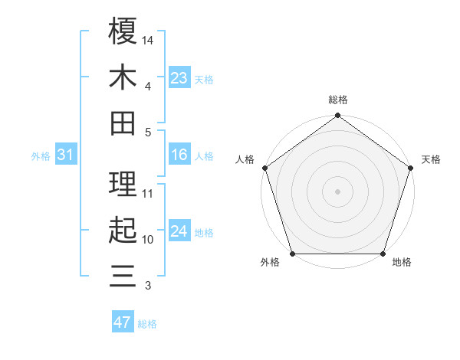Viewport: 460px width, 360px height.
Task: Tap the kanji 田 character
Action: pos(123,123)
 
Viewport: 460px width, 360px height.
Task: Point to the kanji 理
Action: pos(123,182)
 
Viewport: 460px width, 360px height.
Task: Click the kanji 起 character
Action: pos(123,228)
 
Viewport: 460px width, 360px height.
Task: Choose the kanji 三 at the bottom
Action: pos(123,274)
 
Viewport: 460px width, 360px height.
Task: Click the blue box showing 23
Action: pos(179,78)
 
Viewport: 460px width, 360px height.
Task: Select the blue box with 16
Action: pos(179,155)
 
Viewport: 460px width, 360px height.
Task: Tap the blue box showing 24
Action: pos(179,231)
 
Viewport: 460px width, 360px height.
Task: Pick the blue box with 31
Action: pos(66,155)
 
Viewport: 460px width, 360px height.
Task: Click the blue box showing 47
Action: pos(122,322)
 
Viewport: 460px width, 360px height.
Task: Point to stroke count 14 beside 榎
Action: pos(148,39)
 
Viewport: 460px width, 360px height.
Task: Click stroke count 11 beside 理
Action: pos(148,193)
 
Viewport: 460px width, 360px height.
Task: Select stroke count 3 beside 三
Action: pos(148,286)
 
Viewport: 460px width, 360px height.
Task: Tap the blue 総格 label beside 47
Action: pos(147,324)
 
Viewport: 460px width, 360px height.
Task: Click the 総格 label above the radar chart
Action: pos(338,100)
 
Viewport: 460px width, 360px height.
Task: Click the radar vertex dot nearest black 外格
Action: pos(293,254)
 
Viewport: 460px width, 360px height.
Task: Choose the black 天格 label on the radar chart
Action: pos(431,159)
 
